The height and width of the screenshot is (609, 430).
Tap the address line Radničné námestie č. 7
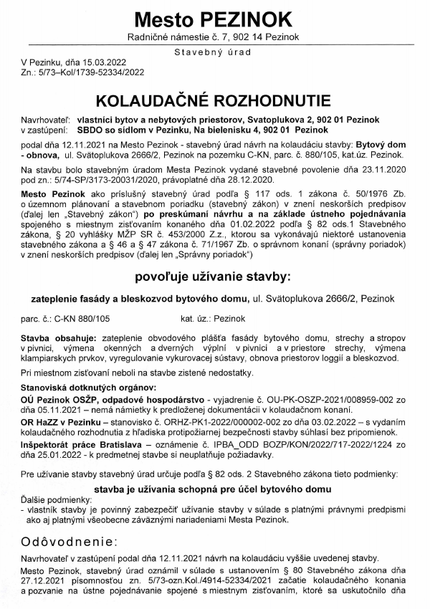click(179, 37)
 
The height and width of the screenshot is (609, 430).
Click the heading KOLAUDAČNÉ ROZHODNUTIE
click(214, 98)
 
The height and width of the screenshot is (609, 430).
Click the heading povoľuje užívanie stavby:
click(214, 276)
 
